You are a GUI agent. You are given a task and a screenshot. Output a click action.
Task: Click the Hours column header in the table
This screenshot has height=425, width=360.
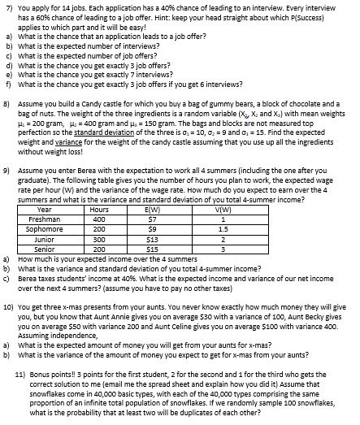[x=100, y=210]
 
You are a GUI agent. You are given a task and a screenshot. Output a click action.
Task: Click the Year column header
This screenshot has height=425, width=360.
[x=45, y=210]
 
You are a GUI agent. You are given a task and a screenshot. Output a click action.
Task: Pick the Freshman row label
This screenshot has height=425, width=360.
[x=45, y=219]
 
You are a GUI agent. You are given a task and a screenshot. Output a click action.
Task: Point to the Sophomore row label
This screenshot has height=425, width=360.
[x=45, y=229]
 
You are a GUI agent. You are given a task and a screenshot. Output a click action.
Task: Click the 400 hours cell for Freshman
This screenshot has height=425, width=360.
[x=100, y=219]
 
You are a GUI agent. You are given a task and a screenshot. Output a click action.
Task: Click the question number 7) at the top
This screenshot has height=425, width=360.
[x=7, y=5]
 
